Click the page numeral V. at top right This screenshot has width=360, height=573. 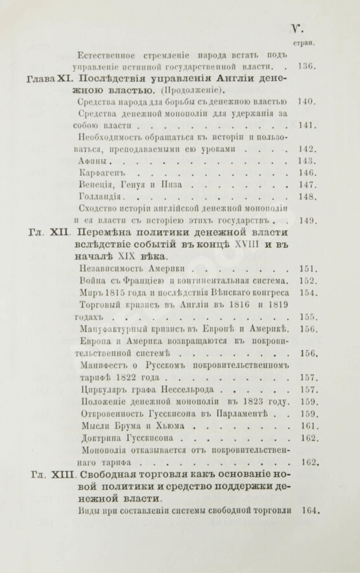tap(297, 29)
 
